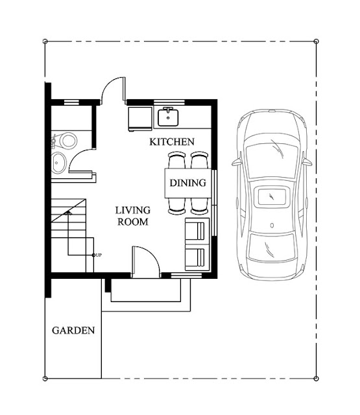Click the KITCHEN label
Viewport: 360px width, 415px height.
tap(172, 141)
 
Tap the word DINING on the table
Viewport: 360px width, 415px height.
tap(188, 183)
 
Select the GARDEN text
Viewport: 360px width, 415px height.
tap(73, 330)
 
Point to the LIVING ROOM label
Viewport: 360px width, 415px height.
tap(133, 216)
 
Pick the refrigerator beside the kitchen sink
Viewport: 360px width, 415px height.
tap(139, 118)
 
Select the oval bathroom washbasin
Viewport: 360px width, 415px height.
tap(58, 163)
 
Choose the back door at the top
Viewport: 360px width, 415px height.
tap(114, 91)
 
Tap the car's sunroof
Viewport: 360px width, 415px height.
tap(272, 196)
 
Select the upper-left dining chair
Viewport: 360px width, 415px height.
tap(176, 160)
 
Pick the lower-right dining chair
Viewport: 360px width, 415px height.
tap(199, 206)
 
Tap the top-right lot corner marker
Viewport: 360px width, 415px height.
tap(317, 41)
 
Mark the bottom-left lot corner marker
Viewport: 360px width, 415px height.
tap(45, 378)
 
